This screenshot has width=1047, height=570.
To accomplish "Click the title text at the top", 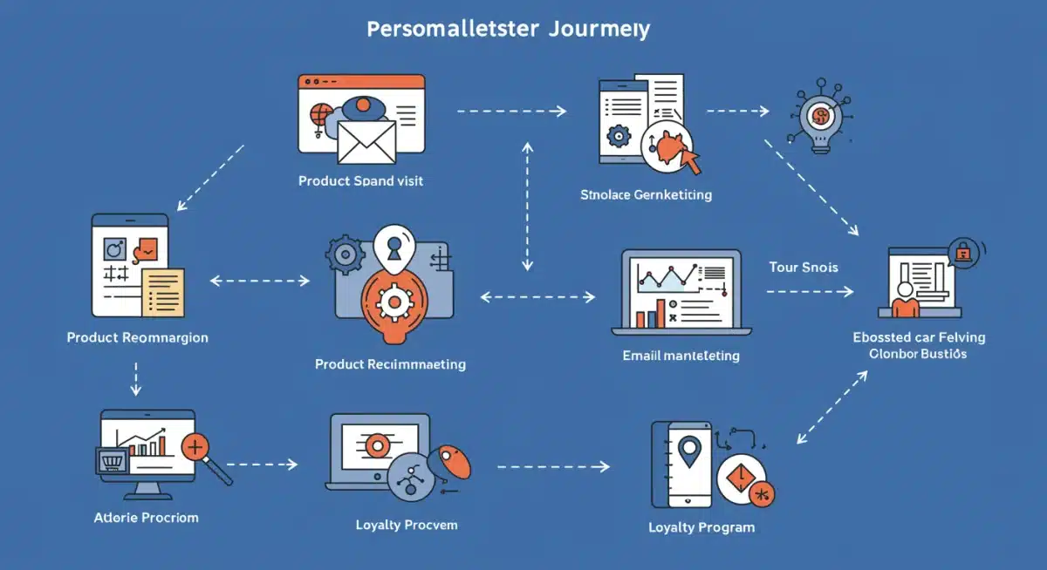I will point(508,29).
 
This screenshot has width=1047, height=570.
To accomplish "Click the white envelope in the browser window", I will point(366,142).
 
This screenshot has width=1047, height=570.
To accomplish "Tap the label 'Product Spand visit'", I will point(360,181).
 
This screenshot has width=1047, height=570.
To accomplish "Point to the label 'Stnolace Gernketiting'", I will point(646,194).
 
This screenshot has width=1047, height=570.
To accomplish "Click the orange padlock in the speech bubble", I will point(963,252).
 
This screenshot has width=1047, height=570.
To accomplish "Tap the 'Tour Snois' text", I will point(804,267).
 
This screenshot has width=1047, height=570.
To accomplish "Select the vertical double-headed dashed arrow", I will point(527,207).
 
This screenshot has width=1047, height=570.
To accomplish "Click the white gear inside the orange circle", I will point(395,302).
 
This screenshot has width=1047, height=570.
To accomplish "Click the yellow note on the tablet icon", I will point(163,291).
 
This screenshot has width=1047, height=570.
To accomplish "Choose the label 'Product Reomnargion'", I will point(138,336).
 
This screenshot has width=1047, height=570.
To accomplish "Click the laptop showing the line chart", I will point(681,293).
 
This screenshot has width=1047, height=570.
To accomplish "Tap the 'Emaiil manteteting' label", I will point(681,356).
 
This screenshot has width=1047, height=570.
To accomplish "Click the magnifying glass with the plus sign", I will point(199,451).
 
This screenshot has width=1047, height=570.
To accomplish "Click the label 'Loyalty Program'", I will point(701,527).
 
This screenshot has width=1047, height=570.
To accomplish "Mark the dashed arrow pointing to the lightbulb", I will point(737,112).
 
